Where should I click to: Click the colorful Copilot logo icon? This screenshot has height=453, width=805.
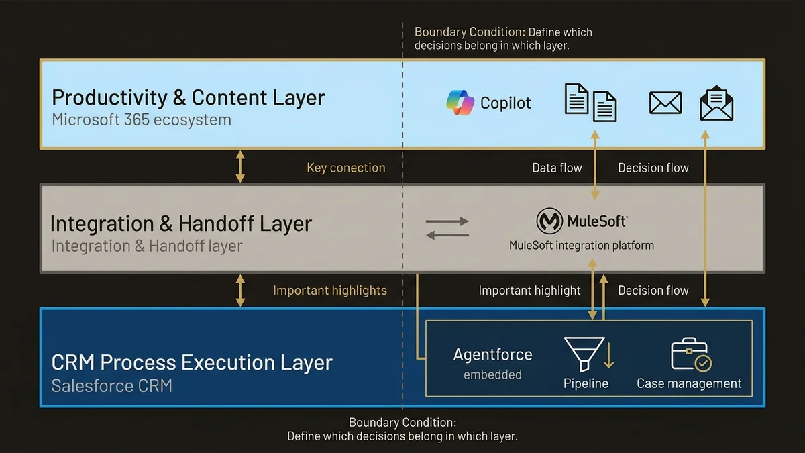460,103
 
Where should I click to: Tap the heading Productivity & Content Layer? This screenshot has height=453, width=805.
188,97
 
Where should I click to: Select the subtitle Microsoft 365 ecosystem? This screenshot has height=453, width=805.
141,120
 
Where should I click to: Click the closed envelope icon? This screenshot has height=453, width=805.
665,103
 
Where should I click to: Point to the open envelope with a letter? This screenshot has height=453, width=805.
716,103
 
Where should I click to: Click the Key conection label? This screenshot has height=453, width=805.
345,168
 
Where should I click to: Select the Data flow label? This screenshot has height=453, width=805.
557,168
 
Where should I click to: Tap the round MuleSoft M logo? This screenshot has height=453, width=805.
549,221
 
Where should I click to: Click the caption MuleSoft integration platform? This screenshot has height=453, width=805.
581,245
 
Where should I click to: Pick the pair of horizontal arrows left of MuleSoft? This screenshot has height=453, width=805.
447,228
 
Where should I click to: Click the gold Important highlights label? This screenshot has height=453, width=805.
329,291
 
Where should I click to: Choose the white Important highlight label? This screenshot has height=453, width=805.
529,291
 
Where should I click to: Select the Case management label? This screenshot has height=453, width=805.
689,383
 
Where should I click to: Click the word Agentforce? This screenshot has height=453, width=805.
492,354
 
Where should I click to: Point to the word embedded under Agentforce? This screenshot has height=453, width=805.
492,374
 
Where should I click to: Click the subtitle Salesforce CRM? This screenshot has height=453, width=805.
111,385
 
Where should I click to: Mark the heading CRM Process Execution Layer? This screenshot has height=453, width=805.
192,362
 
